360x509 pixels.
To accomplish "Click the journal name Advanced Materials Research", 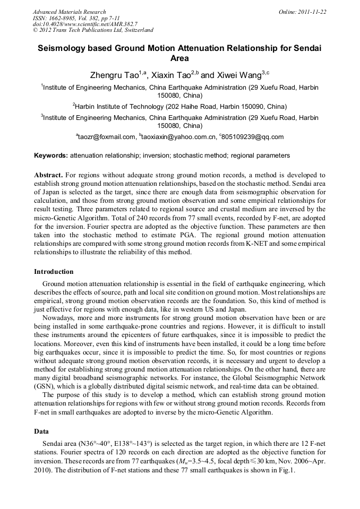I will pyautogui.click(x=69, y=12).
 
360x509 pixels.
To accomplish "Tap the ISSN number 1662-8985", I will pyautogui.click(x=63, y=18).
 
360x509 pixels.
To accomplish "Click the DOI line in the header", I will pyautogui.click(x=85, y=24).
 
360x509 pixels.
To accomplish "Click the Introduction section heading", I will pyautogui.click(x=54, y=272).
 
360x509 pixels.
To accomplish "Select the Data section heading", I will pyautogui.click(x=41, y=432).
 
